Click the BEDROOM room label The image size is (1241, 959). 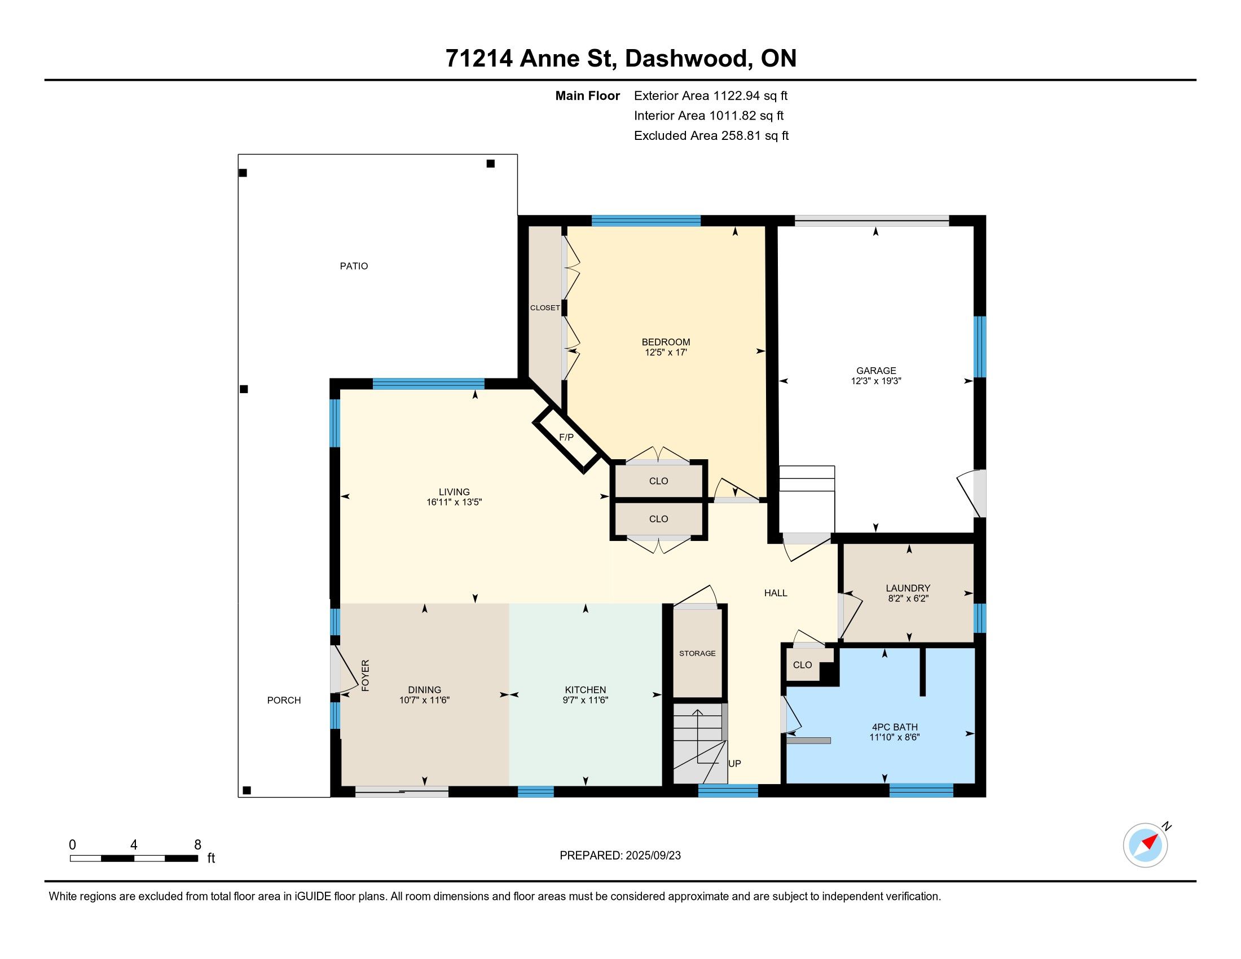click(x=666, y=342)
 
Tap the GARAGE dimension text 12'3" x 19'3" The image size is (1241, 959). click(x=875, y=381)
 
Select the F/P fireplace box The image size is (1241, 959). click(x=566, y=438)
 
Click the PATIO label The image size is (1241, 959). click(x=354, y=266)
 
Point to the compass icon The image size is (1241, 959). click(x=1146, y=845)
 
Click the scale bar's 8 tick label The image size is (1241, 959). click(x=198, y=845)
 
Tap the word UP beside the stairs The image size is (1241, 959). click(x=734, y=764)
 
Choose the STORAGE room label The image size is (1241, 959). click(x=697, y=653)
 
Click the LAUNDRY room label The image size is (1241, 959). click(x=908, y=588)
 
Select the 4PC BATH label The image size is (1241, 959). click(x=895, y=727)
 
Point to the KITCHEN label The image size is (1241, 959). click(x=586, y=690)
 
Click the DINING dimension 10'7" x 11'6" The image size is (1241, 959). click(x=424, y=701)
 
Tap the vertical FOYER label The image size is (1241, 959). click(x=366, y=675)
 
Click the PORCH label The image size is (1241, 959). click(x=284, y=701)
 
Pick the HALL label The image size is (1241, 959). click(x=776, y=593)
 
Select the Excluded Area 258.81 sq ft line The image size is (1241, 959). click(x=711, y=136)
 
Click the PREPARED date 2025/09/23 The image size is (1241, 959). click(x=652, y=856)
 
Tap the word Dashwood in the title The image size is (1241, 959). click(x=686, y=59)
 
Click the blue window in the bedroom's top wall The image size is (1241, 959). click(x=646, y=221)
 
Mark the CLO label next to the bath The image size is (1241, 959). click(x=802, y=665)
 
